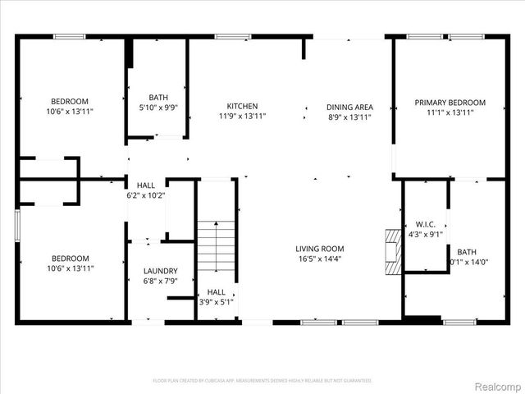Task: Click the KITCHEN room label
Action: [x=242, y=106]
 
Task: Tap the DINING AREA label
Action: [x=349, y=107]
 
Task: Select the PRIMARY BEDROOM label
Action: [x=450, y=103]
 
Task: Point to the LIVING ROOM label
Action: [x=320, y=249]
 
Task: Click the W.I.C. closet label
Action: [x=425, y=223]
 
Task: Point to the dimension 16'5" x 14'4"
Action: [x=320, y=259]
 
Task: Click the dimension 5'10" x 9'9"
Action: [x=158, y=107]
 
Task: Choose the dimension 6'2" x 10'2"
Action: [x=146, y=195]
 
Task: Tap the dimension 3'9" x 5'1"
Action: [x=217, y=301]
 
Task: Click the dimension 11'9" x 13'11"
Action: [x=242, y=117]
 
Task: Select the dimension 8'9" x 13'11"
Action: [x=349, y=117]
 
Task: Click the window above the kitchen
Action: [x=227, y=36]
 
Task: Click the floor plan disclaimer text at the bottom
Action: [x=262, y=381]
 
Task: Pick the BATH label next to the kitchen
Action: [x=158, y=97]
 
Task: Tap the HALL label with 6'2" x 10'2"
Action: [x=146, y=186]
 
